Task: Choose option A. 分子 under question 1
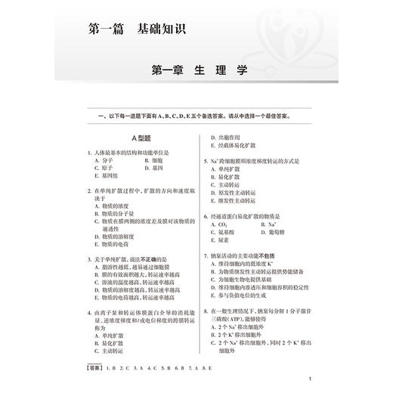pyautogui.click(x=97, y=161)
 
